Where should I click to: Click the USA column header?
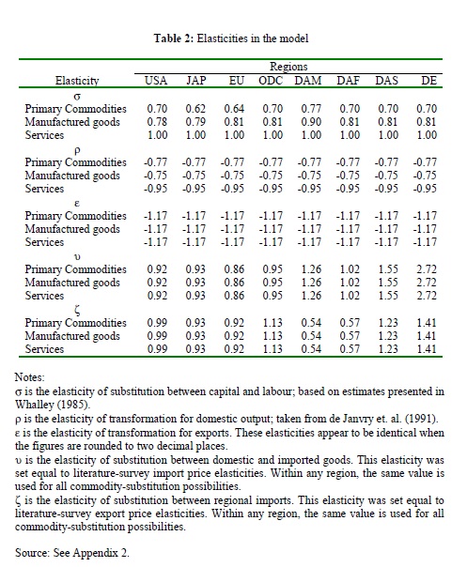pos(156,81)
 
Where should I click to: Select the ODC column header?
pos(271,81)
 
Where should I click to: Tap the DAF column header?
pos(348,81)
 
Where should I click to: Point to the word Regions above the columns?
pos(288,67)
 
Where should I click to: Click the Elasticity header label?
pos(77,81)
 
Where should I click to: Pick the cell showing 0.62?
pos(195,109)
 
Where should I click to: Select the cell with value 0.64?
pos(234,109)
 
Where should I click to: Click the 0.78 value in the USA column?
pos(157,122)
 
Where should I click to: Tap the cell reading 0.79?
pos(195,122)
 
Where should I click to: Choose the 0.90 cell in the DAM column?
pos(311,122)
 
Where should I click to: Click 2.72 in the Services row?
pos(427,296)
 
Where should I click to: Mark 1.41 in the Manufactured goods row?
pos(427,336)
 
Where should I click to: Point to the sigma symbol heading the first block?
pos(77,97)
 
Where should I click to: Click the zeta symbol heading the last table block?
pos(77,311)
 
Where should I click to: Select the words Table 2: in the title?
pos(174,38)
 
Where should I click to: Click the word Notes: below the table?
pos(29,377)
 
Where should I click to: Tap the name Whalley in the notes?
pos(35,405)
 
